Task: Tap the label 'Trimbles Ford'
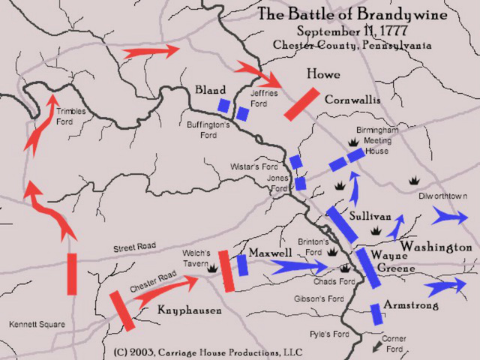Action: pyautogui.click(x=71, y=116)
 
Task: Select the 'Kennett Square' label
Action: pyautogui.click(x=37, y=325)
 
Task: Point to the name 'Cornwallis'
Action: pyautogui.click(x=352, y=100)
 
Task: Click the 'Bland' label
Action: pyautogui.click(x=210, y=90)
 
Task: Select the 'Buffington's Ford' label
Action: pyautogui.click(x=208, y=130)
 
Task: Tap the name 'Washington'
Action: pyautogui.click(x=436, y=247)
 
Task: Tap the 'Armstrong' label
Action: pyautogui.click(x=412, y=306)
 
